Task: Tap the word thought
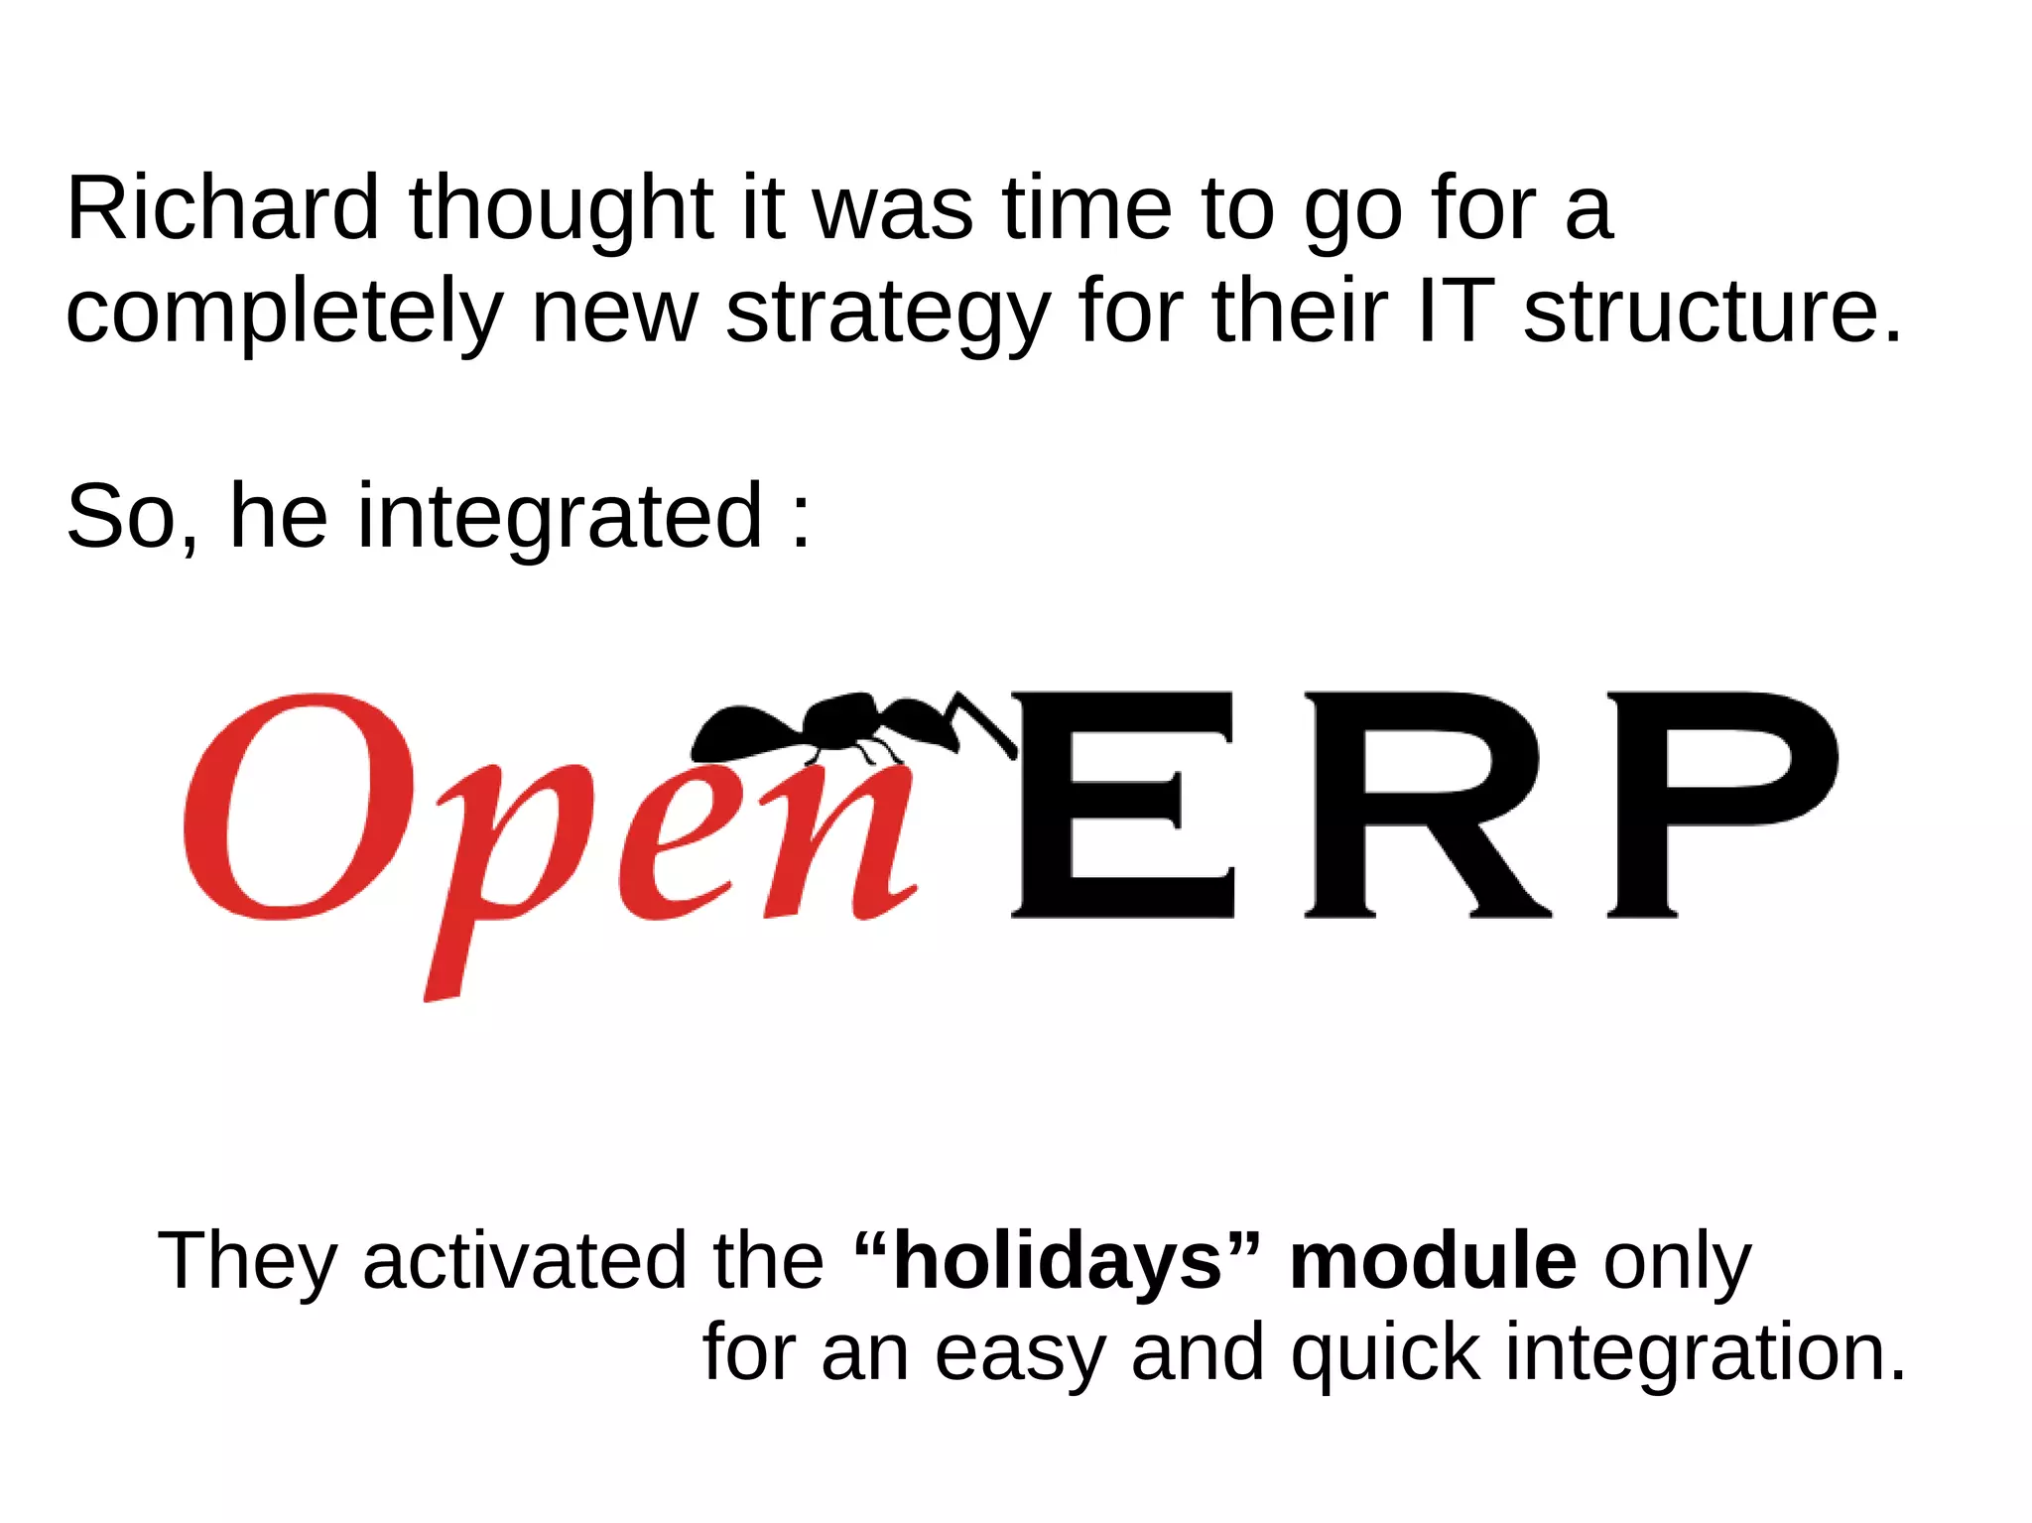561,210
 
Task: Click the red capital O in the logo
298,806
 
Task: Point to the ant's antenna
982,719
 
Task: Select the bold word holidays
1058,1262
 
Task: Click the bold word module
1432,1262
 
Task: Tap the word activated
524,1262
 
